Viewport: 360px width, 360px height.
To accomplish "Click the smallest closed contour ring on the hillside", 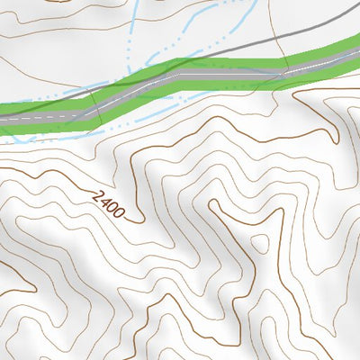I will [262, 243].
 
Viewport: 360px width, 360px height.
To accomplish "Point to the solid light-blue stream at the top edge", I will [135, 18].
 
